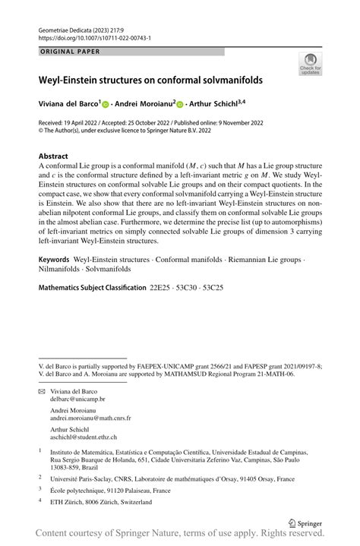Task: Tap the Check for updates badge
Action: coord(310,65)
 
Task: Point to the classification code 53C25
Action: coord(213,289)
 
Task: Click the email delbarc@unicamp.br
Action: coord(77,398)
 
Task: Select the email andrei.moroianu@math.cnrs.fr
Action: coord(90,418)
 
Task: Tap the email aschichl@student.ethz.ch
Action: coord(85,437)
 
